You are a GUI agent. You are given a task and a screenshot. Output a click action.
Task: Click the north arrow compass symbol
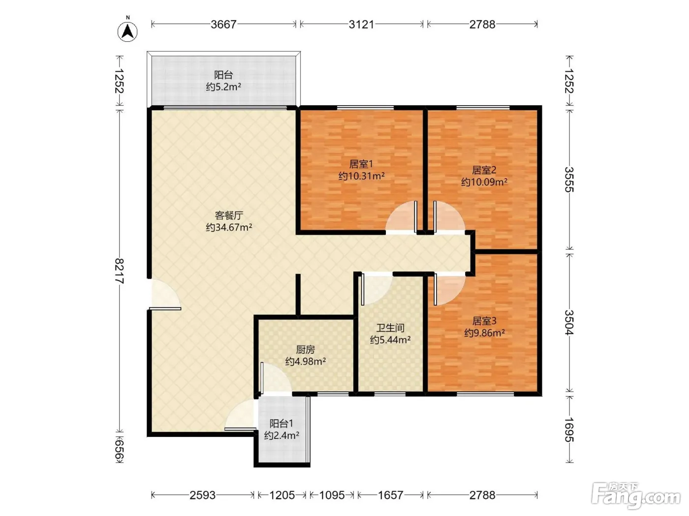pyautogui.click(x=127, y=31)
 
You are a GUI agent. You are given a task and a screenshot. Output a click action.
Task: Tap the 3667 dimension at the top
pyautogui.click(x=223, y=25)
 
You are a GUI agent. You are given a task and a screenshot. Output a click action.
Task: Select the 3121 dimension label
pyautogui.click(x=361, y=25)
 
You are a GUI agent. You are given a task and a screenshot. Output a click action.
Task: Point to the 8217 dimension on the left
pyautogui.click(x=120, y=271)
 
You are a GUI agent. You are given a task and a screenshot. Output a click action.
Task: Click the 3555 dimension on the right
pyautogui.click(x=569, y=179)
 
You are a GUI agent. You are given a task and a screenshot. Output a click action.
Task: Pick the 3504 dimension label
pyautogui.click(x=569, y=322)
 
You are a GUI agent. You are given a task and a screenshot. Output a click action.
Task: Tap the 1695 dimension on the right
pyautogui.click(x=569, y=430)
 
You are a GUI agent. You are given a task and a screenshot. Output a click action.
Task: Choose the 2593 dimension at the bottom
pyautogui.click(x=202, y=495)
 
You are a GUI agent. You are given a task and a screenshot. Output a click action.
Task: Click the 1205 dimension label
pyautogui.click(x=282, y=495)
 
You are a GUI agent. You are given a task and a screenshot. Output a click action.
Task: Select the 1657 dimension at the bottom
pyautogui.click(x=390, y=495)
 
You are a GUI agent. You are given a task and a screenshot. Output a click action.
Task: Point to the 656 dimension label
pyautogui.click(x=120, y=451)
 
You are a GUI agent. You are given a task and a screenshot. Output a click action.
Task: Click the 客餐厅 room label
pyautogui.click(x=229, y=215)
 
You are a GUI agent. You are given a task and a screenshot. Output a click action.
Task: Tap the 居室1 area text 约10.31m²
pyautogui.click(x=361, y=176)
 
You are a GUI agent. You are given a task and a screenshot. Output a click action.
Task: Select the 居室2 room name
pyautogui.click(x=484, y=170)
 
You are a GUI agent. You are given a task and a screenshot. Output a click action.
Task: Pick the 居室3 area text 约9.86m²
pyautogui.click(x=484, y=333)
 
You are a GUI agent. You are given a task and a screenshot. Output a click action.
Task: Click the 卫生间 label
pyautogui.click(x=390, y=328)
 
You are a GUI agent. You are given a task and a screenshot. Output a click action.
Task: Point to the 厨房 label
pyautogui.click(x=305, y=349)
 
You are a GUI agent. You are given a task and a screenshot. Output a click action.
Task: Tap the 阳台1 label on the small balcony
pyautogui.click(x=281, y=424)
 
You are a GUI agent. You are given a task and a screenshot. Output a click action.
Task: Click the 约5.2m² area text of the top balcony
pyautogui.click(x=223, y=87)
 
